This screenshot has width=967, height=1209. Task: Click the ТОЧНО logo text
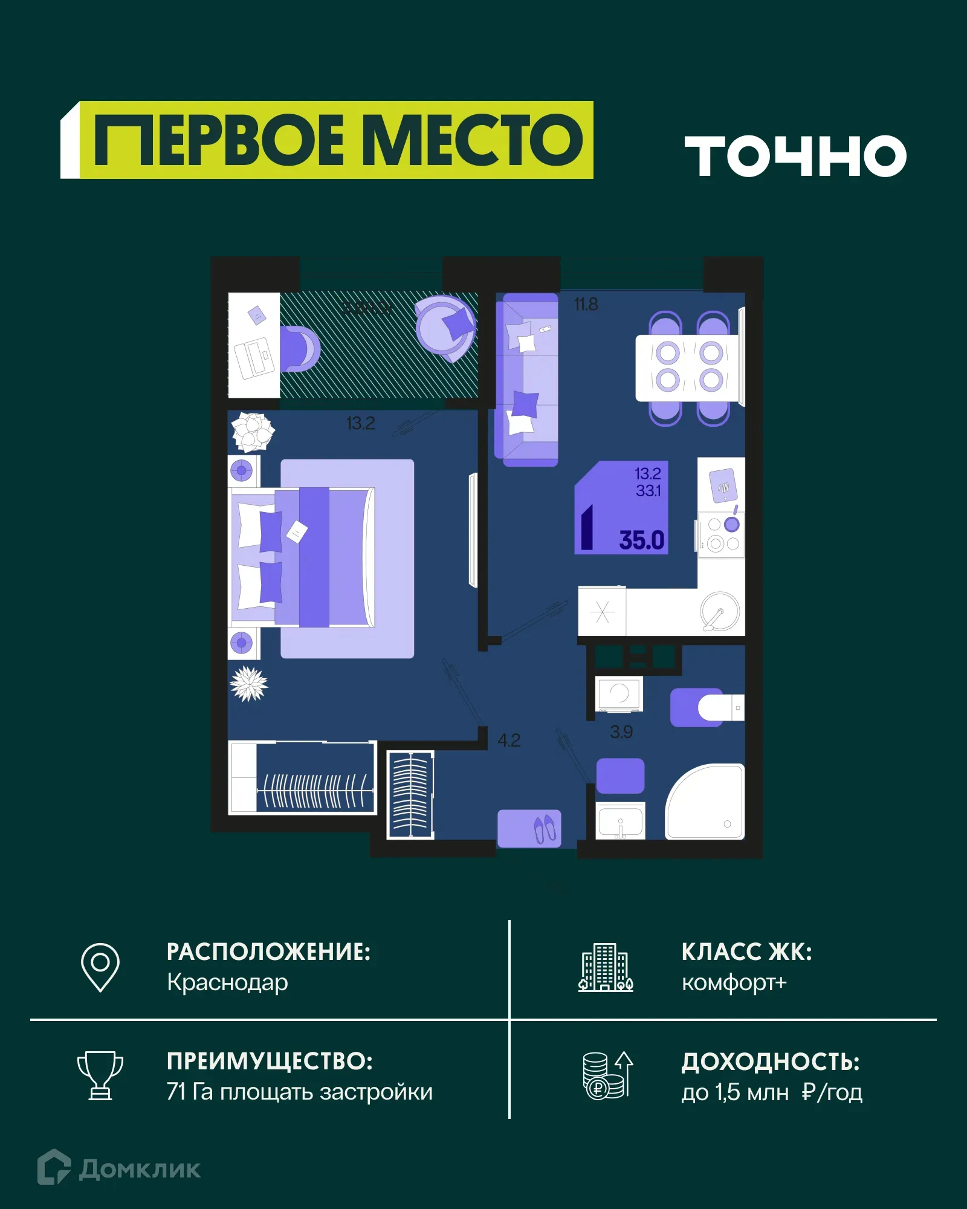coord(795,156)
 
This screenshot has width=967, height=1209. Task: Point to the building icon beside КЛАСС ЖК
coord(606,967)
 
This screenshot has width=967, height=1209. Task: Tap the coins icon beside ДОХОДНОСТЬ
coord(607,1075)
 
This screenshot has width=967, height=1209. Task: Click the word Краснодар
coord(227,982)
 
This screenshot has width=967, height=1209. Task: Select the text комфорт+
coord(734,982)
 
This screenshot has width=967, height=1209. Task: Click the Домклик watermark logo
coord(119,1168)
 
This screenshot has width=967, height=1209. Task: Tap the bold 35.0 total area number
coord(641,540)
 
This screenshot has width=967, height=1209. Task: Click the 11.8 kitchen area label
coord(586,304)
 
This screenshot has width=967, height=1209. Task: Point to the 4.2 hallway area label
coord(509,740)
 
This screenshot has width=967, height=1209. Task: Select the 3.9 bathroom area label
coord(621,732)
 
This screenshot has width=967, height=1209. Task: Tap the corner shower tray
coord(706,803)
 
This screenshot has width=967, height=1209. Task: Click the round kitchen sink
coord(720,611)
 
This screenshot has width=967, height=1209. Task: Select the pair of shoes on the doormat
coord(545,828)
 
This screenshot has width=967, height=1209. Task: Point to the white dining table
coord(689,368)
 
